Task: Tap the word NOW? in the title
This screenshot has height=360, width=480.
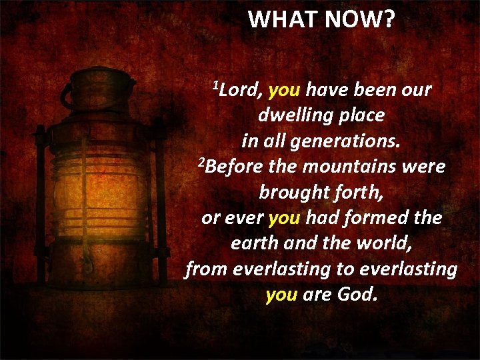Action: click(359, 20)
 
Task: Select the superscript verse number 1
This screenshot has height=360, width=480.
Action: click(215, 85)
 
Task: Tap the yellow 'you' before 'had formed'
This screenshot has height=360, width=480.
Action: click(285, 218)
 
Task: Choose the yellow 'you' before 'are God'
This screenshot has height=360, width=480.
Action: click(281, 294)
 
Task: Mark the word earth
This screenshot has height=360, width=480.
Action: click(254, 243)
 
